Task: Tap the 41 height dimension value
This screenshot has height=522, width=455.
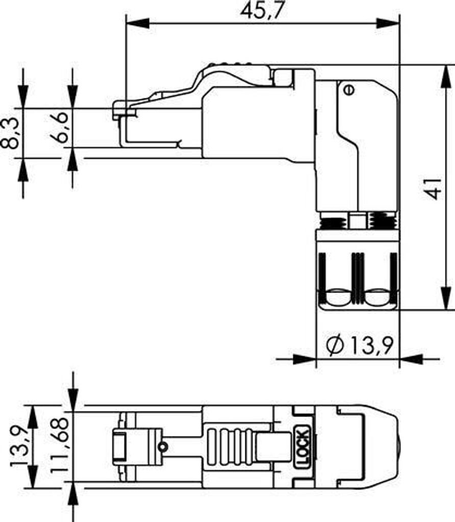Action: pyautogui.click(x=434, y=189)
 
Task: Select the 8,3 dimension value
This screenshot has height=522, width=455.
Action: pyautogui.click(x=9, y=134)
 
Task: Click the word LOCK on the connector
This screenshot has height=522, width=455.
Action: pyautogui.click(x=303, y=447)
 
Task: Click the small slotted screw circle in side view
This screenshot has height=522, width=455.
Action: pyautogui.click(x=349, y=90)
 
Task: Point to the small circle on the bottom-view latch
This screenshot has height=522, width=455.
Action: pyautogui.click(x=163, y=447)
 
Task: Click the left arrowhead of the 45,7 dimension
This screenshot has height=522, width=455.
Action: pyautogui.click(x=138, y=23)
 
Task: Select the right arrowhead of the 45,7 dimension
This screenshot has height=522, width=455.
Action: pyautogui.click(x=388, y=23)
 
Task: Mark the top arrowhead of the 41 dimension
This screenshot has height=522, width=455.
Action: pyautogui.click(x=445, y=77)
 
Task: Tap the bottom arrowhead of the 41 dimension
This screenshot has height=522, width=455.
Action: pyautogui.click(x=445, y=298)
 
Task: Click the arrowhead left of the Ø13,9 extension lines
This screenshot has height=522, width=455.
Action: pyautogui.click(x=304, y=359)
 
